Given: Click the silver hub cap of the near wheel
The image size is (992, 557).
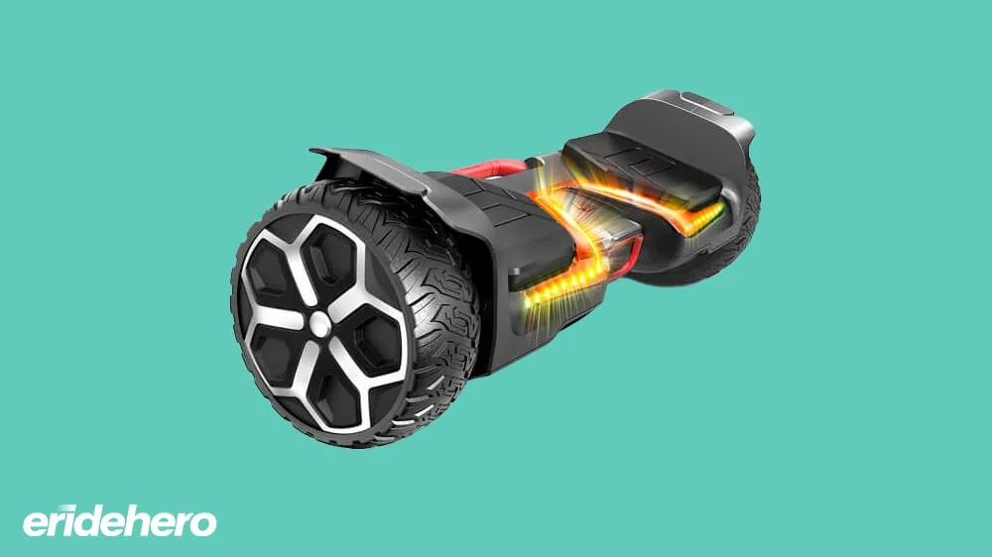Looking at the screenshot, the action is pyautogui.click(x=319, y=325).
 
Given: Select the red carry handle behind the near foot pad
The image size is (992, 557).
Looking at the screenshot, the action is pyautogui.click(x=487, y=168).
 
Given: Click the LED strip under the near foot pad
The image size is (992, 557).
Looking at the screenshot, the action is pyautogui.click(x=557, y=284).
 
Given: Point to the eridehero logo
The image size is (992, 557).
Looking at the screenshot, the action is pyautogui.click(x=120, y=521).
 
